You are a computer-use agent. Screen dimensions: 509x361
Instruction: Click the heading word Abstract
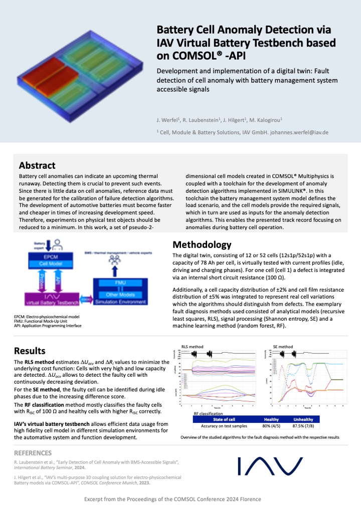(x=37, y=165)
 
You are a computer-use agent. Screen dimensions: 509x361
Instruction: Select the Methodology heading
(x=202, y=245)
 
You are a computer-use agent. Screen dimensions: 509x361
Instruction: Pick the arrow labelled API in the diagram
(x=59, y=283)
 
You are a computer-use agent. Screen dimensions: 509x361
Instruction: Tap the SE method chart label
(x=283, y=346)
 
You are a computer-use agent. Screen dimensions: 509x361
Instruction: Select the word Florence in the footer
(x=250, y=499)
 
